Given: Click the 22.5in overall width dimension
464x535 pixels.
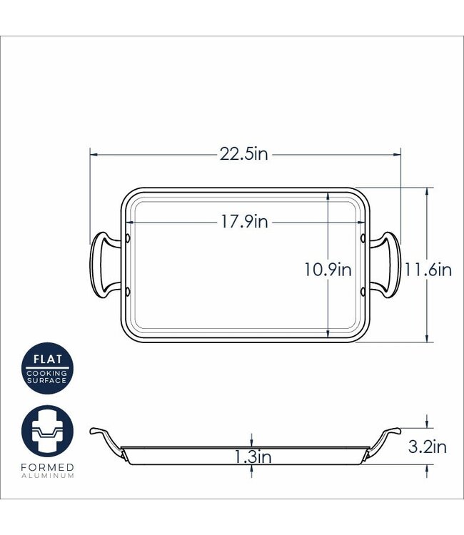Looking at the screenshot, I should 244,154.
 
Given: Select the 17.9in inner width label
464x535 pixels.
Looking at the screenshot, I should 244,222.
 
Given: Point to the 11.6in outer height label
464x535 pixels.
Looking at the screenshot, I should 428,270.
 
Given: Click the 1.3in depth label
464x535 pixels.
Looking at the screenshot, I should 252,457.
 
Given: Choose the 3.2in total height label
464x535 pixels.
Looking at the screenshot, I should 427,447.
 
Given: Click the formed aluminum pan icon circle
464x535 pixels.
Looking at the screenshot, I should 47,432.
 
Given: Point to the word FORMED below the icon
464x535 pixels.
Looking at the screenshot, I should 47,467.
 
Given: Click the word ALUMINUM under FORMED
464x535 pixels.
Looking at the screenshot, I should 47,476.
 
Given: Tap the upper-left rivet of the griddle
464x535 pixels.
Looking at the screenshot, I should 128,238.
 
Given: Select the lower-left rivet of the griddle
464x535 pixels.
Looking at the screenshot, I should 128,290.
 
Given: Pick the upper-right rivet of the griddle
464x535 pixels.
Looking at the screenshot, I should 363,238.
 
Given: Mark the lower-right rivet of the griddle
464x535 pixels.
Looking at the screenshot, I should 363,290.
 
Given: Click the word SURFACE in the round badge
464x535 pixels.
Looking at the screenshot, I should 47,380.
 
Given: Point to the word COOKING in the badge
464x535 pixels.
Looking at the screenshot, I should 47,372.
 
